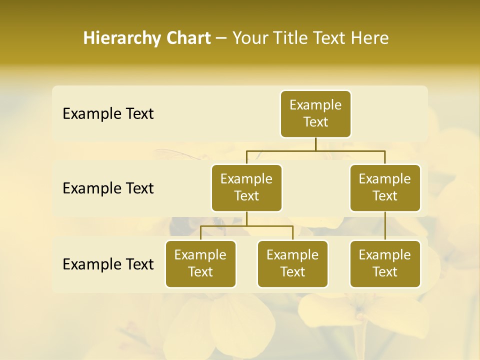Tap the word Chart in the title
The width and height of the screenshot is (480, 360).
click(188, 38)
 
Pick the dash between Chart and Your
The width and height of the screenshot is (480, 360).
click(221, 39)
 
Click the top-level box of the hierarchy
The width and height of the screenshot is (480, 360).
click(315, 114)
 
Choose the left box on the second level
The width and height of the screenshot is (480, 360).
click(246, 188)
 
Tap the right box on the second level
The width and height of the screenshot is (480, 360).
click(385, 188)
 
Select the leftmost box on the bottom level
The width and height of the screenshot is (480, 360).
click(200, 264)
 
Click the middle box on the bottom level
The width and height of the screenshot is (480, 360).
click(292, 264)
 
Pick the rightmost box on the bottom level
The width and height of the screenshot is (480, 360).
click(385, 264)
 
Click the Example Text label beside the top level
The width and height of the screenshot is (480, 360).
click(108, 114)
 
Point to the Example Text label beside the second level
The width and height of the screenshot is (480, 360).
click(108, 188)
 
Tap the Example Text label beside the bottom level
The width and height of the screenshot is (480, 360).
click(108, 264)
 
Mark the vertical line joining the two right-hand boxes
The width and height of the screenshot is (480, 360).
click(385, 226)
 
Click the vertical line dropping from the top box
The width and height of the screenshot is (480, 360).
click(315, 144)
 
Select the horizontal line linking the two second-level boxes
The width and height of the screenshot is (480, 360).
click(315, 150)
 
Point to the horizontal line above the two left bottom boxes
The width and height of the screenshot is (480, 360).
click(246, 226)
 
